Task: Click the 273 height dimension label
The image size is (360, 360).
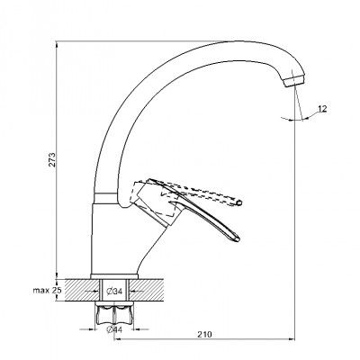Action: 52,160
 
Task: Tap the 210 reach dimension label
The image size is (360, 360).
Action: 204,334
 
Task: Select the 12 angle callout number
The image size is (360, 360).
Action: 322,109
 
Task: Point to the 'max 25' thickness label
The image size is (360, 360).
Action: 47,290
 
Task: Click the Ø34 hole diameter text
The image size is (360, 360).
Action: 114,291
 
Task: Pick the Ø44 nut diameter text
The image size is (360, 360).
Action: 114,329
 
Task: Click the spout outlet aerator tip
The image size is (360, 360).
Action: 294,80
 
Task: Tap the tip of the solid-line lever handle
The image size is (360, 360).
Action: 238,239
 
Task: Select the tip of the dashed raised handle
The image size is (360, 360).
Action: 239,203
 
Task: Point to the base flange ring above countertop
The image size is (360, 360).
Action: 114,276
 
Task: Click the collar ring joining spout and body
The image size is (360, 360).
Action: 104,198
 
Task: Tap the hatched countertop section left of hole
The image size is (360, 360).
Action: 81,290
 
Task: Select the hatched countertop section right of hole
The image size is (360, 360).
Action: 147,290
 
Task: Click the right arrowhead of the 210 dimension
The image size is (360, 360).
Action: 292,339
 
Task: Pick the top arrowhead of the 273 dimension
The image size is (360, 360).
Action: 57,44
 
